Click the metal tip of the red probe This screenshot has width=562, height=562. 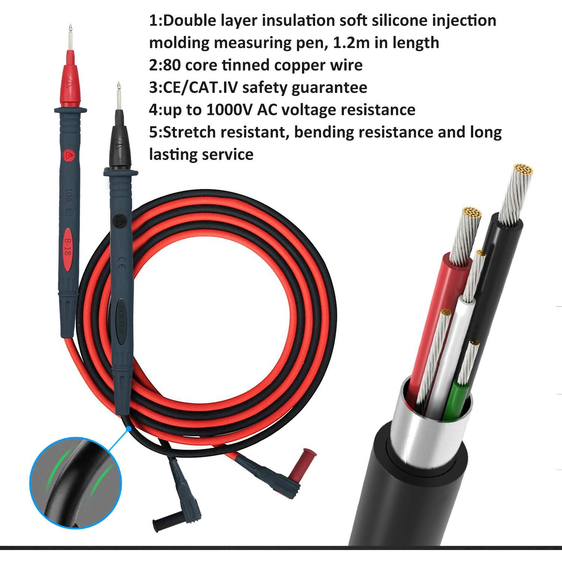tap(69, 37)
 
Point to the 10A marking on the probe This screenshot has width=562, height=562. tap(69, 195)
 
